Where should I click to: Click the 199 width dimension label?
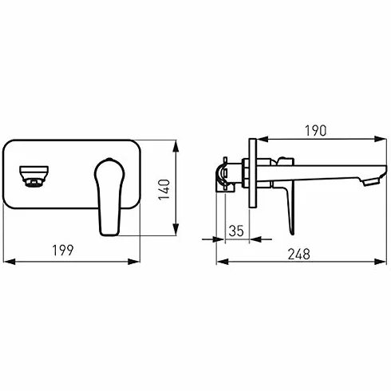tap(63, 251)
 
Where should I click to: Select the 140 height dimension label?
tap(164, 190)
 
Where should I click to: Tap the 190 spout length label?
tap(315, 131)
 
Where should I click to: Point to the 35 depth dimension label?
tap(236, 231)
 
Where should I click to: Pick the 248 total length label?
tap(299, 255)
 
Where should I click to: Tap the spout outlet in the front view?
tap(34, 176)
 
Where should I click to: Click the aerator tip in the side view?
tap(370, 182)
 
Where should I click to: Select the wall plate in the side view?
tap(253, 173)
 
